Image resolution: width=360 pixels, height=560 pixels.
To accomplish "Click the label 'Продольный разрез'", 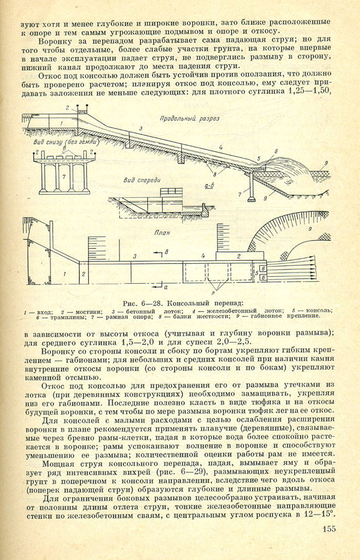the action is click(x=190, y=119).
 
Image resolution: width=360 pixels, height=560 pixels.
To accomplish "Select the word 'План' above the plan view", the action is click(x=162, y=233).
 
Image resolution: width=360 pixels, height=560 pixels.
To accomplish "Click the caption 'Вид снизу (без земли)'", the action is click(x=66, y=142).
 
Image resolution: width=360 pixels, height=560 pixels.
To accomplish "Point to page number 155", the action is click(x=329, y=528).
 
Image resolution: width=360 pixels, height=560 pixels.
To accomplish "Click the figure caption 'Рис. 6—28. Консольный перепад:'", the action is click(x=182, y=304).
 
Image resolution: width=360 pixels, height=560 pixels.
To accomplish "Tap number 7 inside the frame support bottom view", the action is click(x=64, y=177).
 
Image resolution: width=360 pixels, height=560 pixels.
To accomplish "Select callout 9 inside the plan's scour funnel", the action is click(x=310, y=228).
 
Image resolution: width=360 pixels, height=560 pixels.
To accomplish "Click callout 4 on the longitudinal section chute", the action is click(x=221, y=147).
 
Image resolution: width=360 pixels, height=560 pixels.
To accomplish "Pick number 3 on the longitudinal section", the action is click(x=141, y=129).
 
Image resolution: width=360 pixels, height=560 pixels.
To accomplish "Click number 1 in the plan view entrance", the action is click(x=65, y=274).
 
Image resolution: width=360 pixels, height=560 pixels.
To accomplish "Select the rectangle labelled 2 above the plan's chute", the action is click(x=240, y=256).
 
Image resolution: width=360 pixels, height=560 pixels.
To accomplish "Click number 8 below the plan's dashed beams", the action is click(x=213, y=293).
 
